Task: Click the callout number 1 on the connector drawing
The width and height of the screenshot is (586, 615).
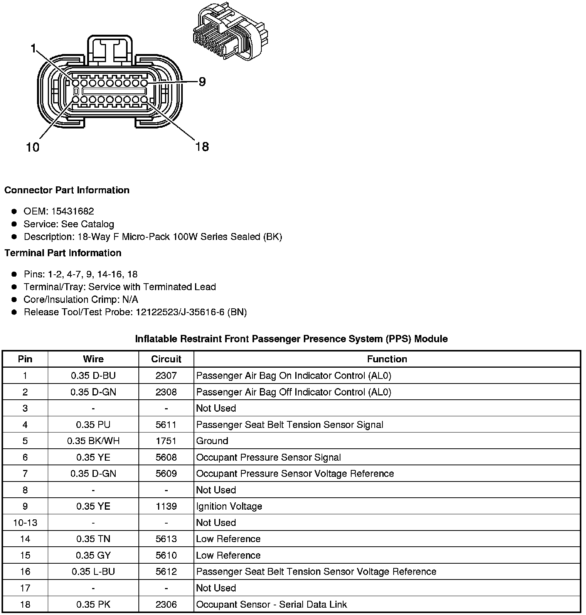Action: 33,48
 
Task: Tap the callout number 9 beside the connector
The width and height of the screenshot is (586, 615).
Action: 202,82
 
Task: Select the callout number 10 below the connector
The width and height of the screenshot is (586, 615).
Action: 33,147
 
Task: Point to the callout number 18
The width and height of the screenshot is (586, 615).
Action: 202,147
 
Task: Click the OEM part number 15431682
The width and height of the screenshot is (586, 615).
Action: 72,211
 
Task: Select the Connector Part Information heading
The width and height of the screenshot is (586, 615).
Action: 67,190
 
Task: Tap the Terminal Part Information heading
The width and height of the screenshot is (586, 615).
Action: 63,253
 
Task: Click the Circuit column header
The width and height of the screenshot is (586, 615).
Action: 166,359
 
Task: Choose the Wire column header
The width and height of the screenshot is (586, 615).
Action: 93,359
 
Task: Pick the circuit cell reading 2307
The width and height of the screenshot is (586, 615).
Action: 166,375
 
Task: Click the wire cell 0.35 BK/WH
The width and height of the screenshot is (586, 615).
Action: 93,441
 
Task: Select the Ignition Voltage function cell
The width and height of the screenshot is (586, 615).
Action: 229,506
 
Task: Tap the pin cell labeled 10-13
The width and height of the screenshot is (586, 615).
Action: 25,523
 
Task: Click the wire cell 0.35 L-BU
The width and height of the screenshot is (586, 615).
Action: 93,572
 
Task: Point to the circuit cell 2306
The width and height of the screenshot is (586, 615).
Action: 166,605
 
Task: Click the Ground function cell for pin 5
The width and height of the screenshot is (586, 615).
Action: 212,441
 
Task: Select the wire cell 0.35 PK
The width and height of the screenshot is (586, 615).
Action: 93,605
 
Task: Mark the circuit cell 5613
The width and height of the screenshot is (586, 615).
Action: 166,539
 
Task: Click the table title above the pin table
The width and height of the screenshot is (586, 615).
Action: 291,339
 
